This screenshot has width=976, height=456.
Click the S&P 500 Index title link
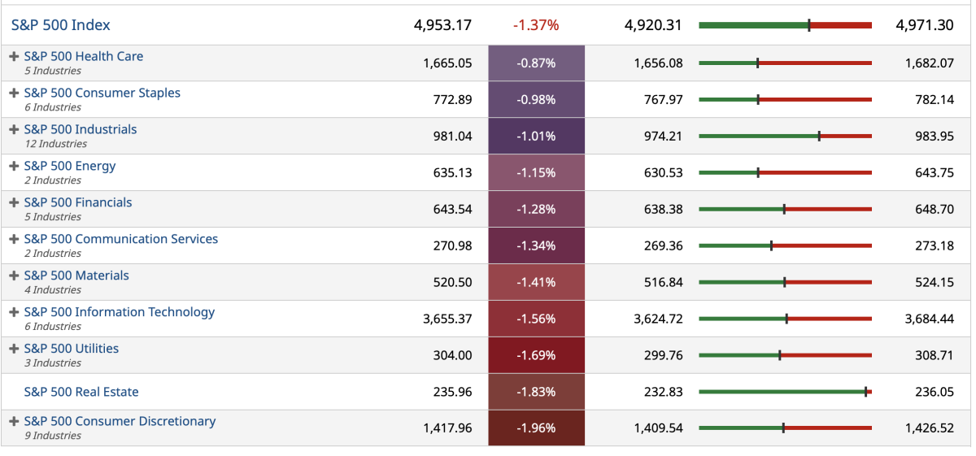61,25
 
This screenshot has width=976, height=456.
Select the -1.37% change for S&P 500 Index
536,25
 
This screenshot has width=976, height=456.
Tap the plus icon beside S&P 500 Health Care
14,56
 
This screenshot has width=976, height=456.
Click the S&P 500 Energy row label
70,166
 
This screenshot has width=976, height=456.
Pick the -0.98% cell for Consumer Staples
536,99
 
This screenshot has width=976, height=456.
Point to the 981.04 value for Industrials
452,136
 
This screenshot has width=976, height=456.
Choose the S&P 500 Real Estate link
81,392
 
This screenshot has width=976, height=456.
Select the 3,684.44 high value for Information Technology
929,319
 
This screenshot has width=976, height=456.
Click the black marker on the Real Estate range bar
866,392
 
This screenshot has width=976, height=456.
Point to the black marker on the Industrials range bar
819,136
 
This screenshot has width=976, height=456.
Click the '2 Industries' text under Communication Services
52,254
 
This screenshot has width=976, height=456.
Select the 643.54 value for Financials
452,209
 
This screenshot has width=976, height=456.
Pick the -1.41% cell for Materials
536,282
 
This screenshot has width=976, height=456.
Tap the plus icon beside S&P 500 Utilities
14,348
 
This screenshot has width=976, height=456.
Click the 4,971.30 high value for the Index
924,25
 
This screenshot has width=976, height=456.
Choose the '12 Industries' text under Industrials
55,144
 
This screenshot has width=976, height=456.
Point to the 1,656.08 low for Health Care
658,63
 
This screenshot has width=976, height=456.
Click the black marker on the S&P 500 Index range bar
809,25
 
